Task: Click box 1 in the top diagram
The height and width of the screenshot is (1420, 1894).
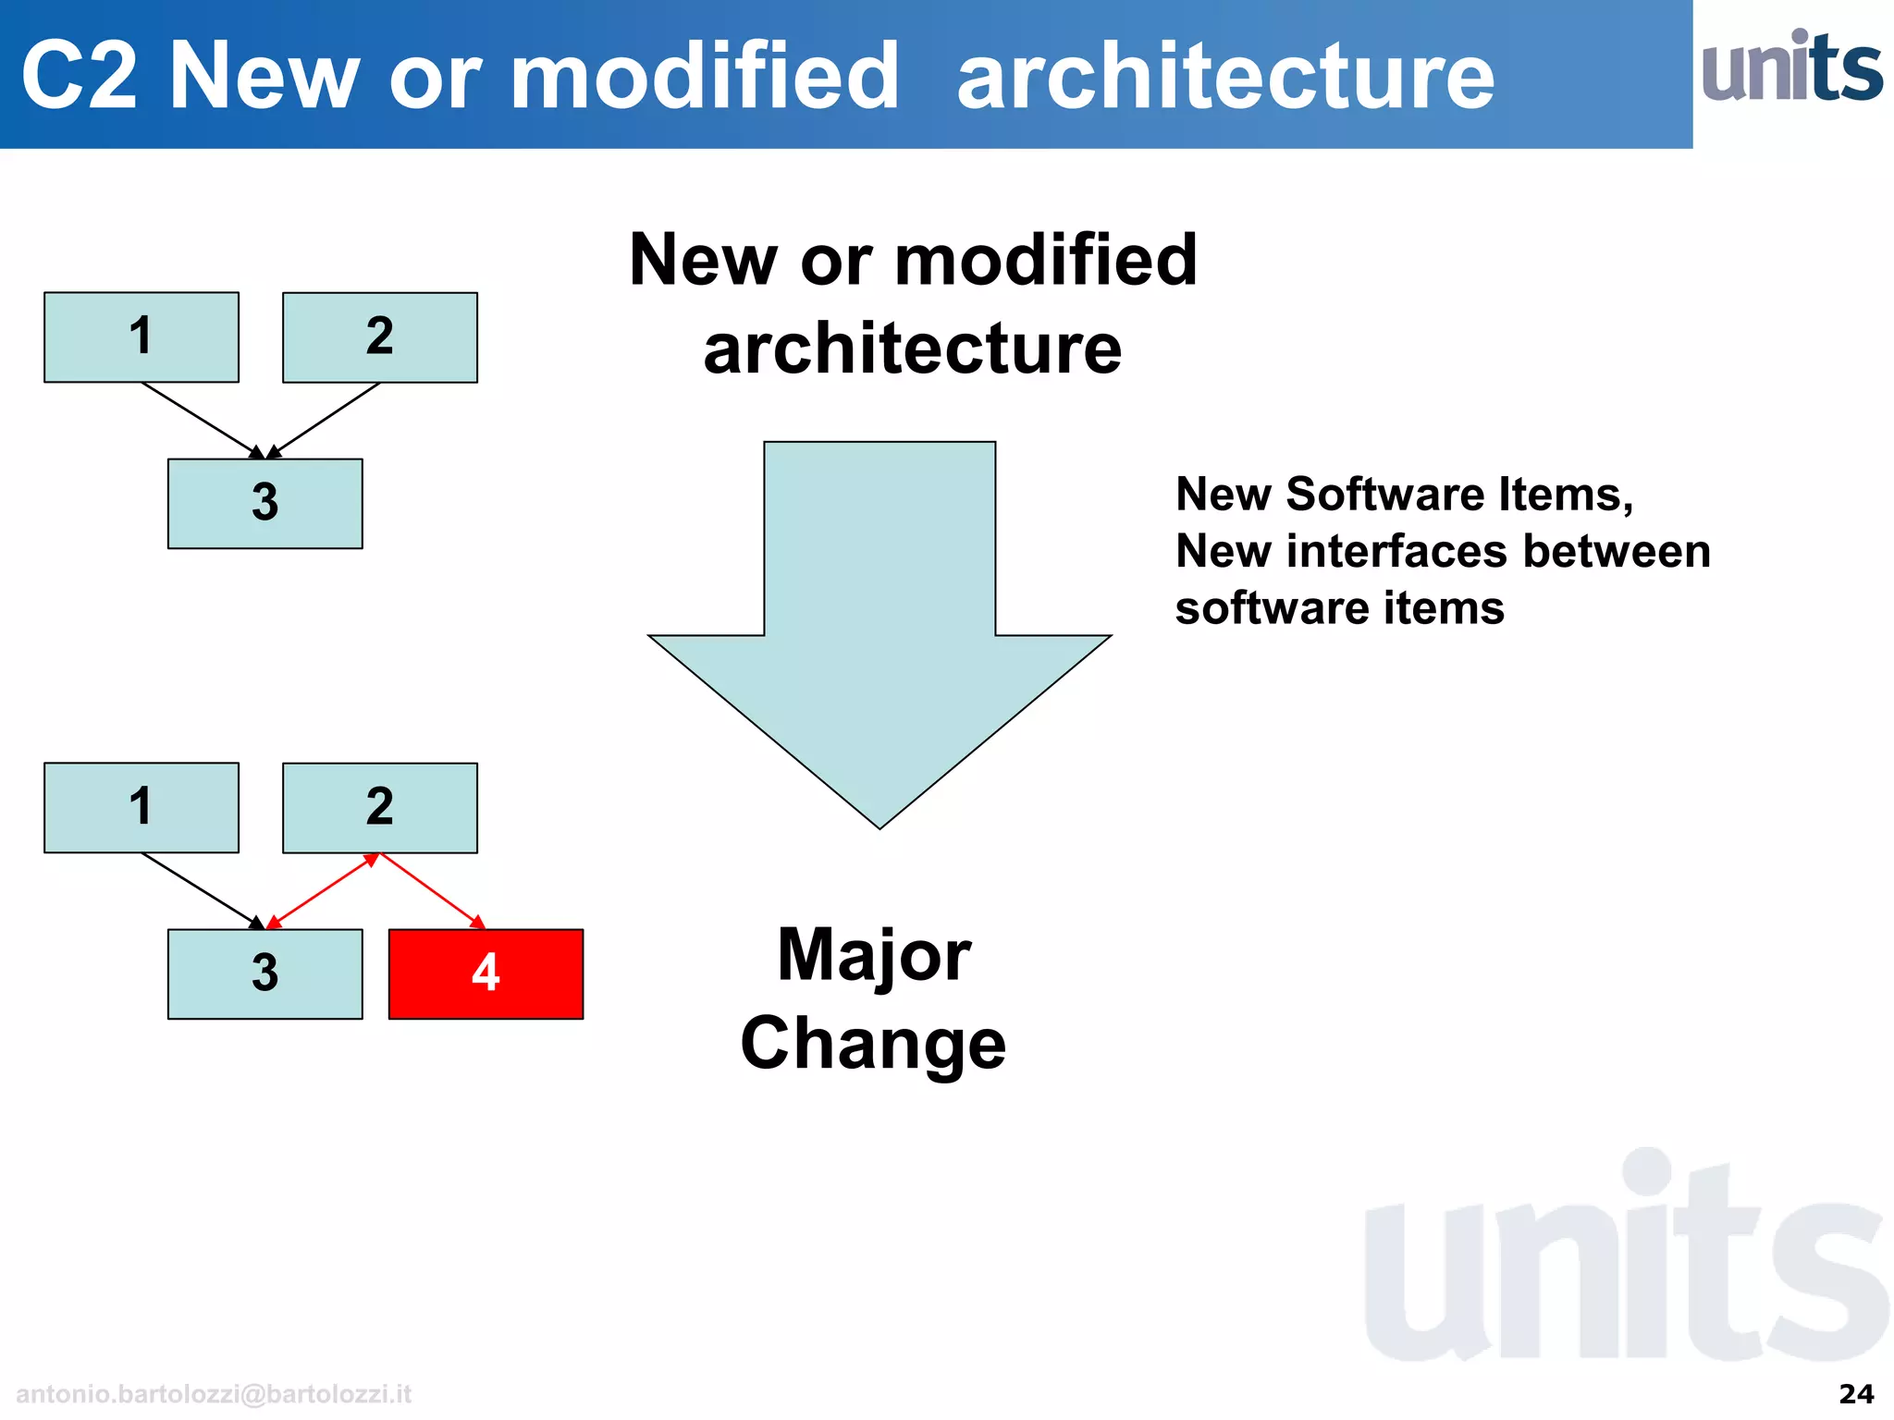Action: tap(141, 337)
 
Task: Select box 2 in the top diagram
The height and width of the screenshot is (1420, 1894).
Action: tap(379, 337)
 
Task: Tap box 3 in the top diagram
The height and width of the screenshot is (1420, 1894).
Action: tap(264, 503)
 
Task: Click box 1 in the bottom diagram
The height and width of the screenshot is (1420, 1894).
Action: tap(141, 807)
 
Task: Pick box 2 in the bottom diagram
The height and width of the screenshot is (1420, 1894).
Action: tap(379, 807)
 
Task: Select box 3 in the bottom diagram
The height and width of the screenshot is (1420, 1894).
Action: tap(264, 973)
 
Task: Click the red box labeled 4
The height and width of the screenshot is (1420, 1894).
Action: tap(486, 973)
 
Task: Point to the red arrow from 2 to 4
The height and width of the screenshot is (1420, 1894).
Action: tap(432, 890)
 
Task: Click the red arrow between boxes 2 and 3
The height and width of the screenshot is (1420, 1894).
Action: tap(322, 890)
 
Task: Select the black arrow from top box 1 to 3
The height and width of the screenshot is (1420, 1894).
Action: tap(199, 419)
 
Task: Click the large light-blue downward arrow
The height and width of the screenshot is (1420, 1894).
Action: tap(879, 610)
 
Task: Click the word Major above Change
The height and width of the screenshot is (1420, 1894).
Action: tap(874, 955)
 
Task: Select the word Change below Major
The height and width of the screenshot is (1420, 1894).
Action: tap(873, 1044)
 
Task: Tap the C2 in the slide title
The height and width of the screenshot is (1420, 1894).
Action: tap(79, 76)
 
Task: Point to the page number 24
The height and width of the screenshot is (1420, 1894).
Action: tap(1856, 1393)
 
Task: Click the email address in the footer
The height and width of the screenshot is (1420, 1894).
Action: tap(214, 1393)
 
